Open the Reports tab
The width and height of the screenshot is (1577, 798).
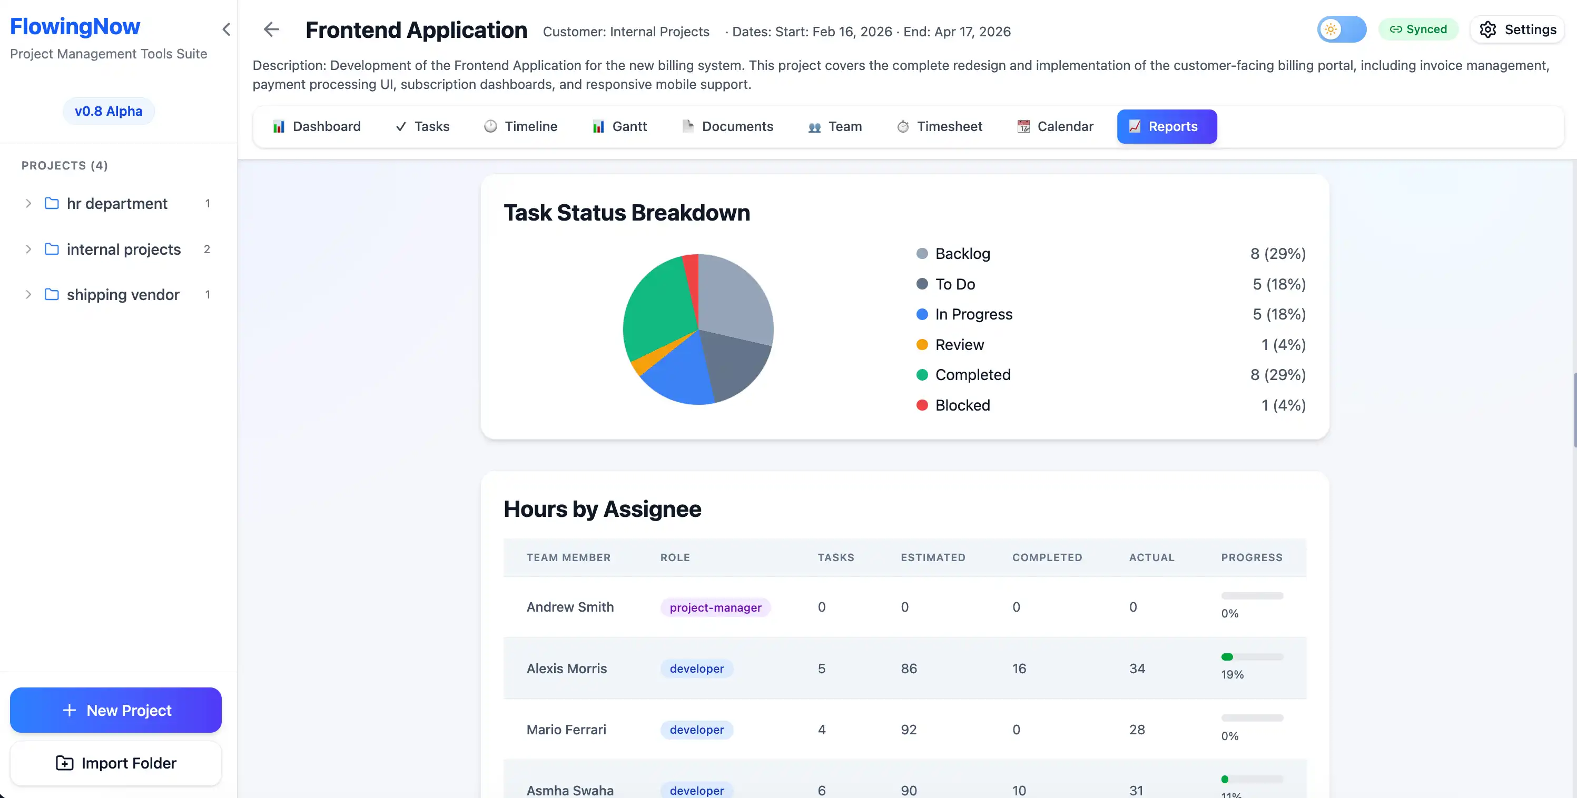[1166, 127]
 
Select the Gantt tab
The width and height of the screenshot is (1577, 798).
[619, 127]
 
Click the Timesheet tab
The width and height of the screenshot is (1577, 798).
[939, 127]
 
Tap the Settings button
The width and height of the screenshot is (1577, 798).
[1517, 29]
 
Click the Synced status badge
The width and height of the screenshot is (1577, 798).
[1418, 29]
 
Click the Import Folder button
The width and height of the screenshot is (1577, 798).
[116, 763]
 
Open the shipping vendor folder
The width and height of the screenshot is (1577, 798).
[122, 295]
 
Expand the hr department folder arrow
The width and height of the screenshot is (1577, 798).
[28, 204]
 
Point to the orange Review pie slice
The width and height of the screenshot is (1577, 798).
[643, 362]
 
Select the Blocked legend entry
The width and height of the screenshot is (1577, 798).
[962, 405]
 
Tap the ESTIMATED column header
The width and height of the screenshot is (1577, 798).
[932, 557]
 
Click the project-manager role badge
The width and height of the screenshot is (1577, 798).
[715, 607]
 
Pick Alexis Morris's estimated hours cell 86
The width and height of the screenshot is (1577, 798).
[909, 669]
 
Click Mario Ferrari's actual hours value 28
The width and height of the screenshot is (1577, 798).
[1137, 730]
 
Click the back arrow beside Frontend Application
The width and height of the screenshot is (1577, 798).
[271, 29]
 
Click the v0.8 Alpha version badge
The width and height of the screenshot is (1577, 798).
[109, 112]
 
